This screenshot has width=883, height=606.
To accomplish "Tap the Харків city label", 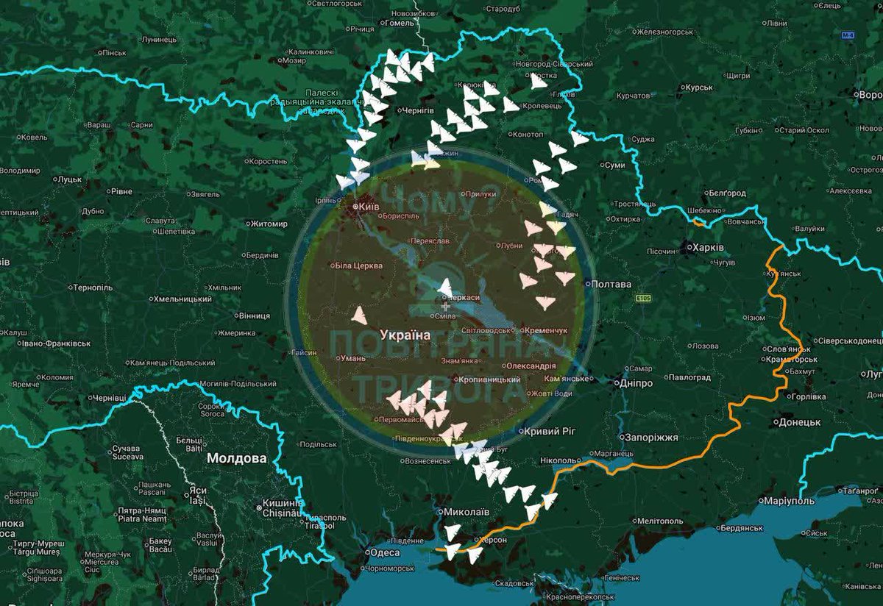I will (x=708, y=247).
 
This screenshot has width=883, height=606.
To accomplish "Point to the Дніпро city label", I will (x=636, y=383).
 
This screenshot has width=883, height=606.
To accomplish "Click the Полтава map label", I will (x=611, y=284).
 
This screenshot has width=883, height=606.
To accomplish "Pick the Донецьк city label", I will (x=798, y=422).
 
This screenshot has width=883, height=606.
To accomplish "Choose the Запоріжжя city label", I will (x=650, y=437).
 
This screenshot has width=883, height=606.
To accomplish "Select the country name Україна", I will (x=405, y=335).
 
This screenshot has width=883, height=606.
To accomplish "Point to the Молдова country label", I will (x=237, y=457).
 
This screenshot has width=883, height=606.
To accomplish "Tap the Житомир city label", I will (x=268, y=224).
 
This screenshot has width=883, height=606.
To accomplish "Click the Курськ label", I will (x=696, y=87).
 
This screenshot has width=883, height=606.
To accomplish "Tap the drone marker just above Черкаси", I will (x=445, y=286).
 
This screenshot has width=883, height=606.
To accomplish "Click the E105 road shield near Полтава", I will (x=643, y=299).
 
